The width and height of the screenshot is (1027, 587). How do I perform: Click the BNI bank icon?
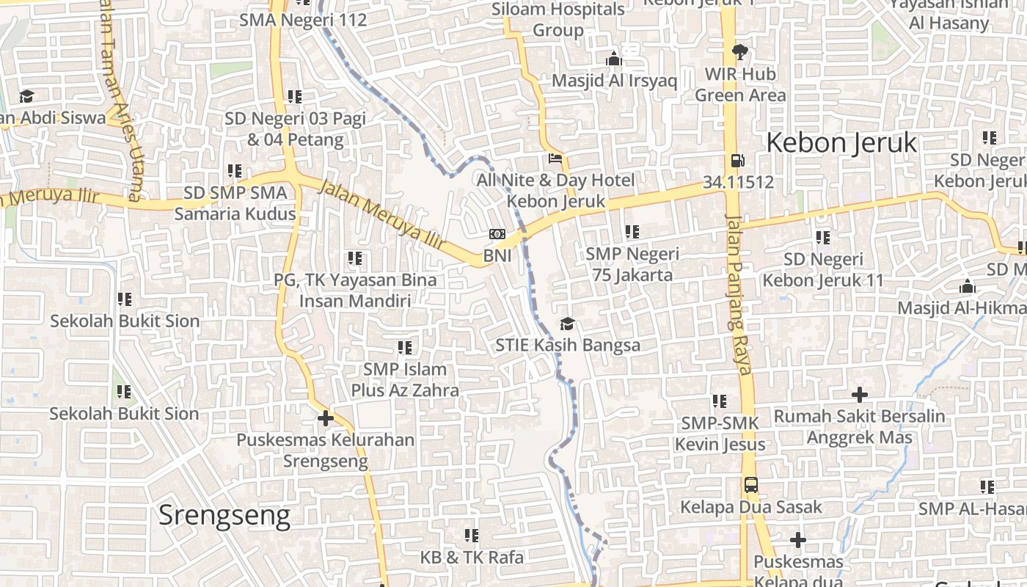[497, 234]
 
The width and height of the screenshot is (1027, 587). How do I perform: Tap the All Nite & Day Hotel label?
[556, 190]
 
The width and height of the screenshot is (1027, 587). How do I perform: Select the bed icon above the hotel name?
[555, 158]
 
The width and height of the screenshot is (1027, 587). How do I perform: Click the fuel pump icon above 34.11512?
[737, 161]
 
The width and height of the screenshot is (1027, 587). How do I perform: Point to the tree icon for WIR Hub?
[739, 52]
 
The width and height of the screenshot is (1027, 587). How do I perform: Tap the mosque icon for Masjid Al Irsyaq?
[613, 59]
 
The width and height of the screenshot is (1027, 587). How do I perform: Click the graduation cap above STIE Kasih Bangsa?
[567, 324]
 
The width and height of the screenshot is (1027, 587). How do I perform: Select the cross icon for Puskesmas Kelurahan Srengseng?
[325, 419]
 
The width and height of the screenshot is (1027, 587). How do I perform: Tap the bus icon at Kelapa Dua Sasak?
[750, 485]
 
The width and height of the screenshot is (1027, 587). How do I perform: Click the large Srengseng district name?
[224, 516]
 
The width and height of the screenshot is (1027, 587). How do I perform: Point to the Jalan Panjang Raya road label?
[739, 293]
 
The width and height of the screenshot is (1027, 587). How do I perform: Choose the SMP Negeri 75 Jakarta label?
[632, 265]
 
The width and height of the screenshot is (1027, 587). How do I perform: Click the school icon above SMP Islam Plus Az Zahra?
[404, 347]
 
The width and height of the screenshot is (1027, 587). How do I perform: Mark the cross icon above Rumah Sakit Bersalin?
[859, 395]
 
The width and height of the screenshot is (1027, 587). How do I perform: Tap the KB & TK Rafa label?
[472, 558]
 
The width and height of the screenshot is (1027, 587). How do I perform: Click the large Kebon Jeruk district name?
[841, 142]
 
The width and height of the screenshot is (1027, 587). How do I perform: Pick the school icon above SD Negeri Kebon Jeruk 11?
[822, 238]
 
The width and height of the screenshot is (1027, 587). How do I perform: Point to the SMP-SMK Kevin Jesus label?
[720, 434]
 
